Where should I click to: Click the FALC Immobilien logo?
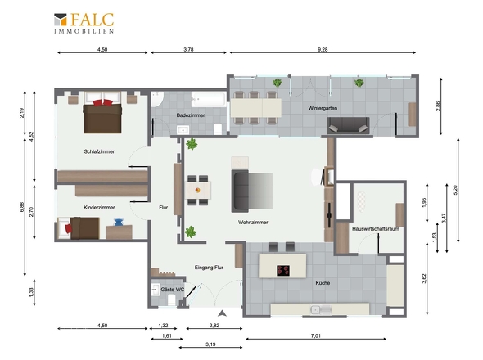coord(84,23)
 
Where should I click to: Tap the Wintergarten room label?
coord(323,108)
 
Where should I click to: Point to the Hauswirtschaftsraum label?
coord(376,229)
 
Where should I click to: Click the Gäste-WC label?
coord(173,290)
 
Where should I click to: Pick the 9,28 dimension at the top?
coord(323,49)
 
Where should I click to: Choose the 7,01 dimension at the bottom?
coord(316,335)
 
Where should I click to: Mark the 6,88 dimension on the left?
coord(21,207)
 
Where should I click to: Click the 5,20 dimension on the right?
coord(456,189)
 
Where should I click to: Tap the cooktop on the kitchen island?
coord(283,270)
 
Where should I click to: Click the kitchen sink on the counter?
coord(321,309)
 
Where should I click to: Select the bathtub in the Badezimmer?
coord(208,99)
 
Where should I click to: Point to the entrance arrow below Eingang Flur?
coord(222,313)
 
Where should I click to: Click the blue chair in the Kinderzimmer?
coord(118,222)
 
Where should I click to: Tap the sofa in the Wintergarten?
coord(348,125)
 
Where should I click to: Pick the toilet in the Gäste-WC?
coord(172,299)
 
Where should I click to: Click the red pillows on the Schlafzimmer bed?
coord(103,102)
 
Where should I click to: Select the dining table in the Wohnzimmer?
coord(198,191)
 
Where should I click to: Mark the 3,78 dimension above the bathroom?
coord(188,49)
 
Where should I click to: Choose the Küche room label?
coord(323,283)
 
